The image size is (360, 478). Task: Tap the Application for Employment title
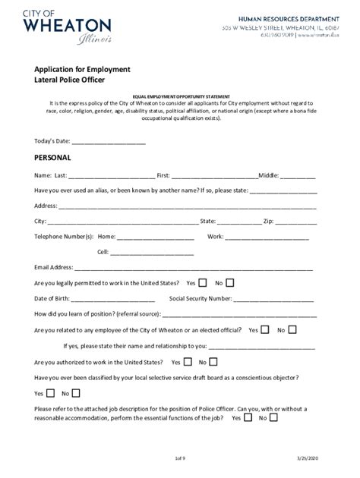[82, 69]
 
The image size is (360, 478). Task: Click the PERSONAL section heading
[53, 158]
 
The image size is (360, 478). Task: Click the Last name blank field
[111, 175]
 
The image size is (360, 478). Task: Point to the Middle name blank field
[298, 175]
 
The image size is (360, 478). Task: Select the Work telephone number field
[267, 237]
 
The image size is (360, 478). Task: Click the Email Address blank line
[194, 268]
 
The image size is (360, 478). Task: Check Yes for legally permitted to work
[203, 283]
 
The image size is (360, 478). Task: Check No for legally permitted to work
[230, 283]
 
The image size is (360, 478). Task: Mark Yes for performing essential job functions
[247, 417]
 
